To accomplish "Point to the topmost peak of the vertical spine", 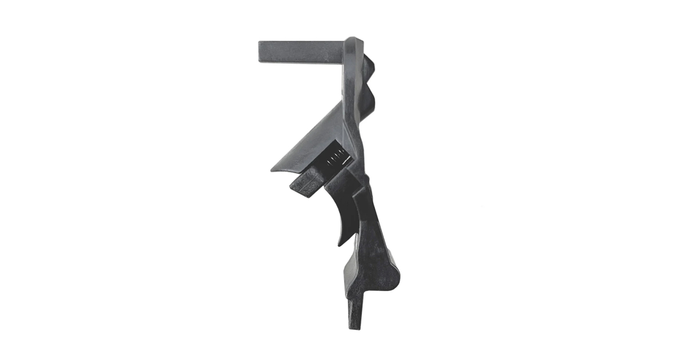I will tap(354, 39).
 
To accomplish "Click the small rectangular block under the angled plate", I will tap(306, 184).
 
